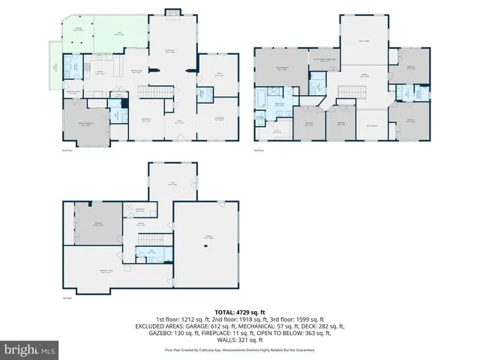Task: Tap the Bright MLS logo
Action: (x=30, y=349)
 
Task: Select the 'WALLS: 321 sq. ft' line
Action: (x=239, y=340)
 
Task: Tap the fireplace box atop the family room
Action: (x=171, y=12)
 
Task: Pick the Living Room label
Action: (x=219, y=118)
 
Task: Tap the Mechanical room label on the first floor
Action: (x=139, y=209)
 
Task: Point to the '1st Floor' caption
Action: (x=67, y=298)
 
